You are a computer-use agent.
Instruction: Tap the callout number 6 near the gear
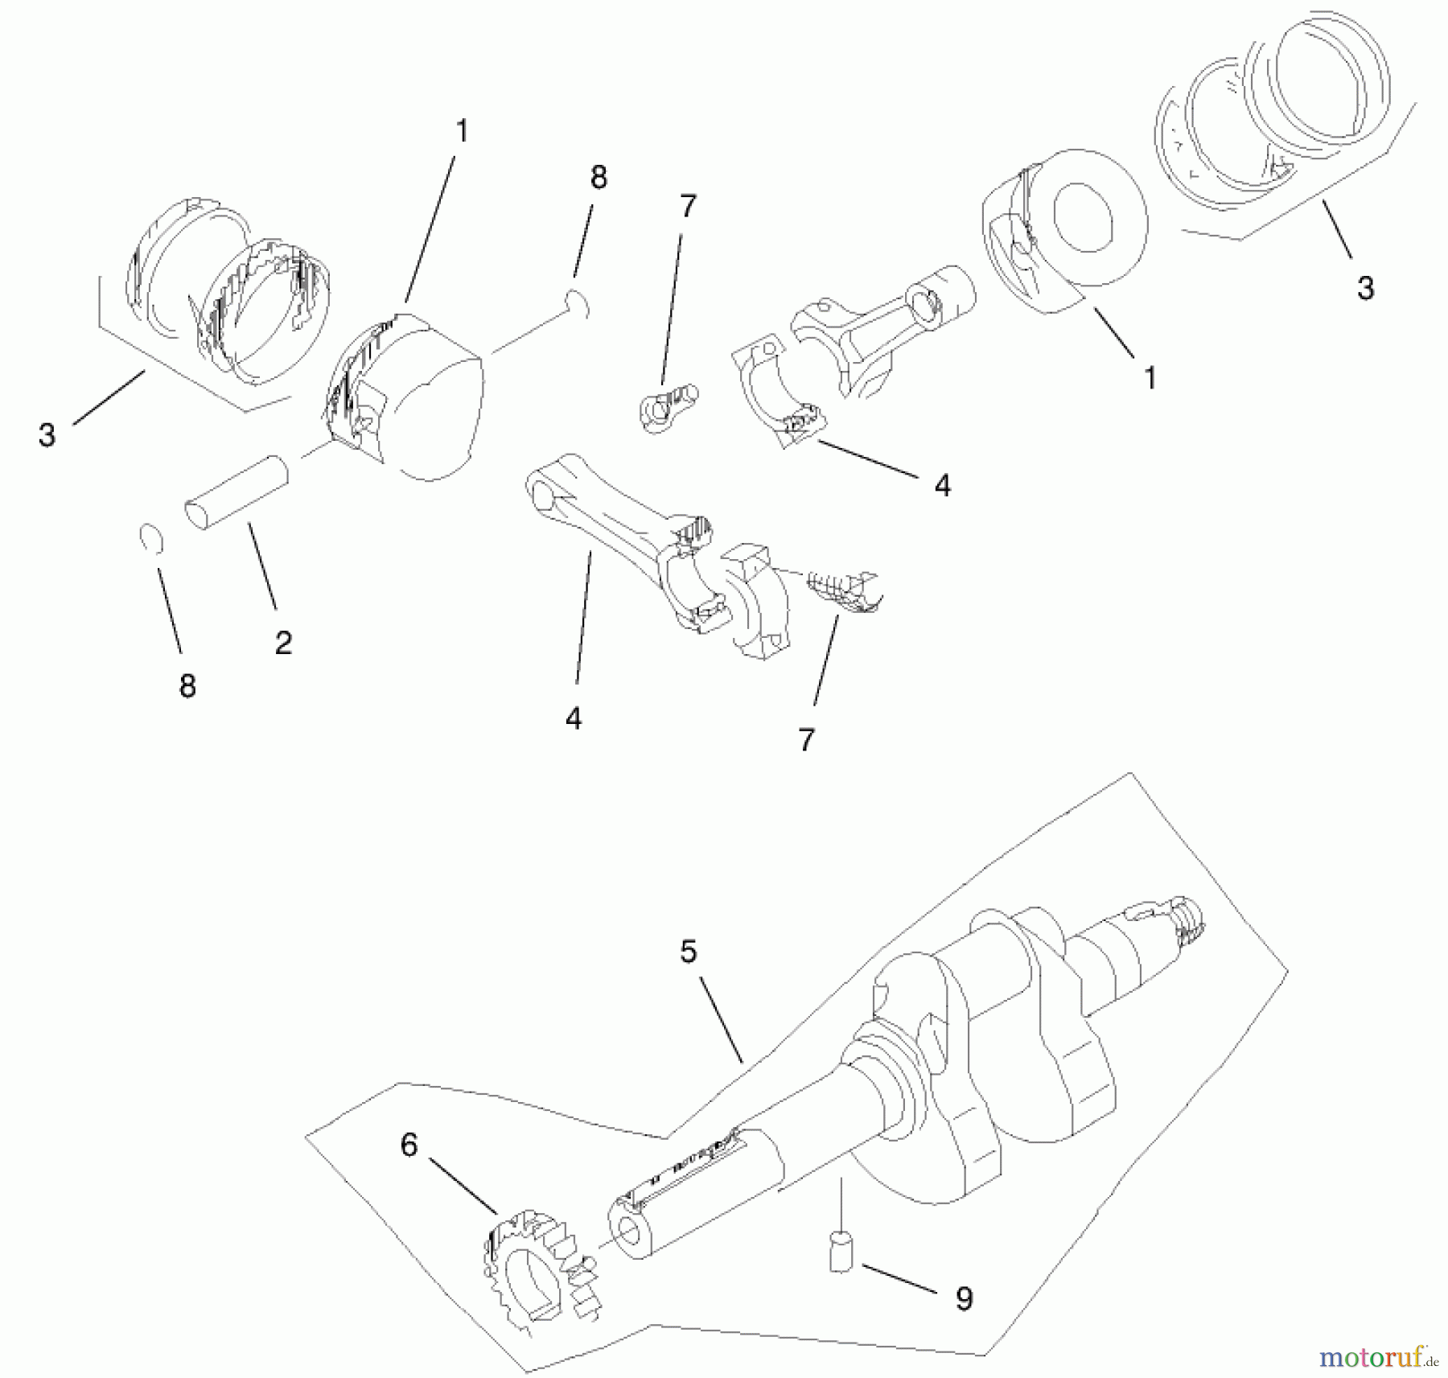coord(409,1146)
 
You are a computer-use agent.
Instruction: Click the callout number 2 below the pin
coord(283,643)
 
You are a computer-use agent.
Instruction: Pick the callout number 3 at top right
coord(1365,288)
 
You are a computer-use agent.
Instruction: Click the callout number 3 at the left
coord(47,435)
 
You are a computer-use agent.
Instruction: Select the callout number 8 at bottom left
coord(187,686)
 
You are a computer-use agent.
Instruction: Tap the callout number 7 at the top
coord(686,207)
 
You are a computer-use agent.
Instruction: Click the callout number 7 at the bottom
coord(807,738)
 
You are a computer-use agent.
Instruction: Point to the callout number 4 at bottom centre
coord(574,718)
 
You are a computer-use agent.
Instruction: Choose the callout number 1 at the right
coord(1150,377)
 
